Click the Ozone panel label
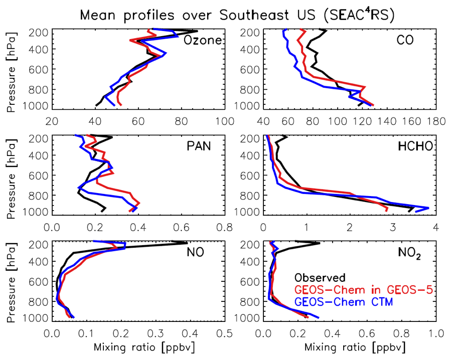point(203,40)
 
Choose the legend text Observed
point(320,277)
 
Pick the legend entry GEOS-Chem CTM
point(344,302)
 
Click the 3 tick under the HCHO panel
point(393,227)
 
